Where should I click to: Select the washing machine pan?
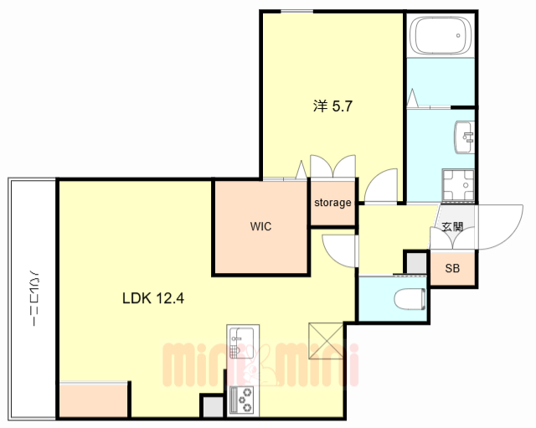coord(456,183)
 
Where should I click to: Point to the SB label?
coord(452,269)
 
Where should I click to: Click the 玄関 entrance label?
coord(452,226)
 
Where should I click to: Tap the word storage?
coord(332,203)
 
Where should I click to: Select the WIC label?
coord(260,226)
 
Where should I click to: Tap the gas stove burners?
coord(244,401)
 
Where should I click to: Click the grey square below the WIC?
coord(212,406)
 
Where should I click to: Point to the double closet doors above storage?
coord(332,167)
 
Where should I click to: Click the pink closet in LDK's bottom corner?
coord(94,400)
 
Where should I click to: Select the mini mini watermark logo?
coord(260,364)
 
